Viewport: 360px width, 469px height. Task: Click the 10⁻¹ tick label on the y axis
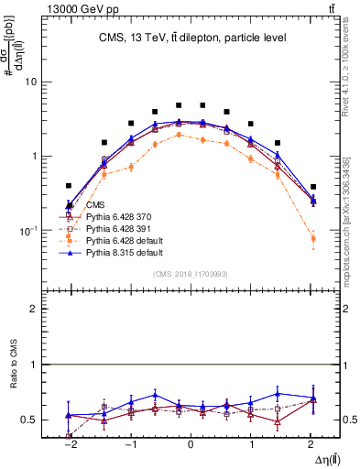[x=27, y=231]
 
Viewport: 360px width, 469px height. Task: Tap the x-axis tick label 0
[x=191, y=443]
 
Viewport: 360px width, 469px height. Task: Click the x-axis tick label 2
[x=312, y=443]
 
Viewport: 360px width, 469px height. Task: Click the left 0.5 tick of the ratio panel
[x=29, y=420]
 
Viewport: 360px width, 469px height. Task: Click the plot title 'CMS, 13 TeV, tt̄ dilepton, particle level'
[x=190, y=38]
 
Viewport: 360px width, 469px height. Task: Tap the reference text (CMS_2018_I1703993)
[x=190, y=274]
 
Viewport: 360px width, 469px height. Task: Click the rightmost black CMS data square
[x=313, y=187]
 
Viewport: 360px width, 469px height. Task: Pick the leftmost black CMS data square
[x=69, y=185]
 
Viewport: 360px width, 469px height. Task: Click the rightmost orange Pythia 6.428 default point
[x=313, y=238]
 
